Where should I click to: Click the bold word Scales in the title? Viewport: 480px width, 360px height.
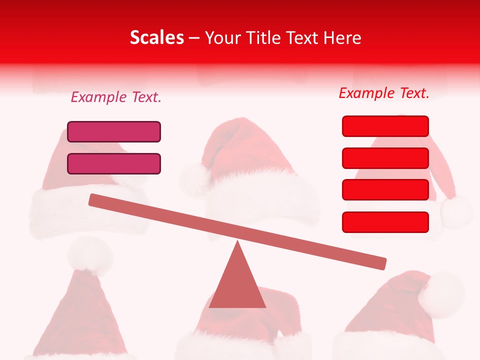156,38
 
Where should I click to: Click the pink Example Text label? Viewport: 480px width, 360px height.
116,97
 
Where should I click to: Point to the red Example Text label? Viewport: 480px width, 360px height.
384,93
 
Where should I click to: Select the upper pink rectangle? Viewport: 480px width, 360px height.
114,131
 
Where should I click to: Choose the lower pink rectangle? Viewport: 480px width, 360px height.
114,163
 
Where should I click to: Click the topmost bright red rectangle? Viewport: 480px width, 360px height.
385,126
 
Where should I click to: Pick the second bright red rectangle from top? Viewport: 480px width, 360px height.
385,158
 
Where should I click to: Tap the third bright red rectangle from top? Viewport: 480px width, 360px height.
385,189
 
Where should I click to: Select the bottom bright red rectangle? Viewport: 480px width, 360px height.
385,222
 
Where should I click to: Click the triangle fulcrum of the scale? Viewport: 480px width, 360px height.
237,282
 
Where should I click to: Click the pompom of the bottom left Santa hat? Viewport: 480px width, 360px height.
90,255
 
